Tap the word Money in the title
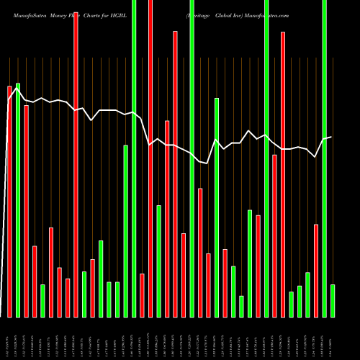click(x=64, y=14)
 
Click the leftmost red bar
click(x=9, y=202)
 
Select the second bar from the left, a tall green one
click(x=18, y=200)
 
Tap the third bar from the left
click(x=27, y=211)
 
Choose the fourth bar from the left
click(x=35, y=282)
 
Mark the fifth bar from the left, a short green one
click(x=42, y=301)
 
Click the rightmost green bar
click(x=333, y=301)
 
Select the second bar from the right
click(x=324, y=158)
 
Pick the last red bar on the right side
click(x=316, y=271)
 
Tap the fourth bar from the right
click(x=307, y=294)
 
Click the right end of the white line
click(x=331, y=137)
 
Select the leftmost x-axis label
click(x=9, y=338)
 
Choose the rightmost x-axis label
click(x=333, y=338)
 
